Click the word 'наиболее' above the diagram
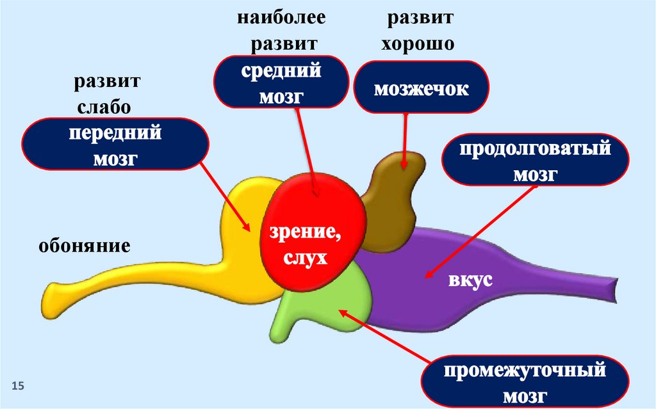click(282, 17)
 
